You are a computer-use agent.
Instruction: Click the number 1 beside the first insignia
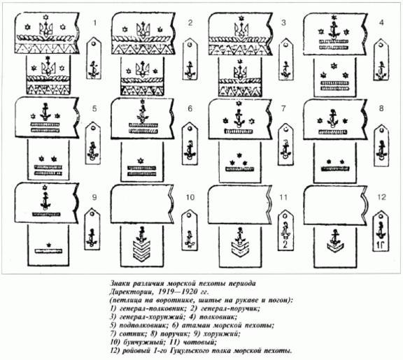(95, 23)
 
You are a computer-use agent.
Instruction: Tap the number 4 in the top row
(381, 22)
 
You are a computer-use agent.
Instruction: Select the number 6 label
(190, 108)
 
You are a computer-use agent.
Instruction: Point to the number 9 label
(94, 197)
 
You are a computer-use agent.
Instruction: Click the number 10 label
(190, 197)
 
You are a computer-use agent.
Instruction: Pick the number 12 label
(382, 197)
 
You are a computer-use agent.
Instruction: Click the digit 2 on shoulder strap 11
(285, 245)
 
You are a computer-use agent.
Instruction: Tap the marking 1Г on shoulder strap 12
(381, 246)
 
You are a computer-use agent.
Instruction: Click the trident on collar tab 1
(46, 29)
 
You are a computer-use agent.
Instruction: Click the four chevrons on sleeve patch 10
(141, 250)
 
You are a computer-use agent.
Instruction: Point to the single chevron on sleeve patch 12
(334, 247)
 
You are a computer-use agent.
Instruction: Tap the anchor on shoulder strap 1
(93, 69)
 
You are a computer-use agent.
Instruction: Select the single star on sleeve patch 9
(48, 245)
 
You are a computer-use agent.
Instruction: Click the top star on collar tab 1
(46, 17)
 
